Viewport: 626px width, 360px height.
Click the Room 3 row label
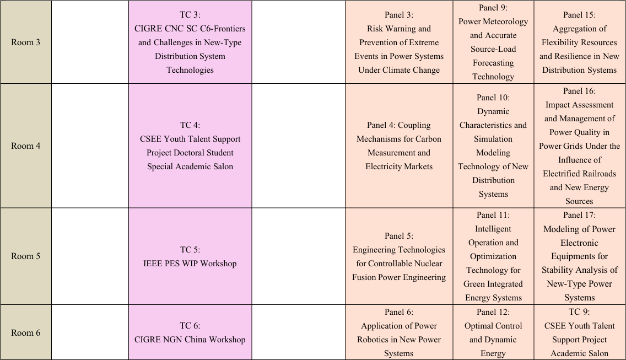25,42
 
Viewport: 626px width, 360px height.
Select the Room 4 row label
25,146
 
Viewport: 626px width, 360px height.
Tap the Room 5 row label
25,256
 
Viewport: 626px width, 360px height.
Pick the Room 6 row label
25,332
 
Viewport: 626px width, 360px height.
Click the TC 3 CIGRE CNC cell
190,42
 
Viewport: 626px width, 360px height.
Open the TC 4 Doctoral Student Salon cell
190,146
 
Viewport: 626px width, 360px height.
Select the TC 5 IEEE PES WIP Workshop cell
190,256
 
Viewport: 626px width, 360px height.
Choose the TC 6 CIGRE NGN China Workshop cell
190,332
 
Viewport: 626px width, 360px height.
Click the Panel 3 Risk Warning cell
399,42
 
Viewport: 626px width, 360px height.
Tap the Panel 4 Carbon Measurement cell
399,146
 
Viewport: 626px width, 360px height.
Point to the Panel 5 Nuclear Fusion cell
399,256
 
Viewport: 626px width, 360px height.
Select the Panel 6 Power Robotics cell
399,332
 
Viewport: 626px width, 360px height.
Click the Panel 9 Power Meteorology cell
493,42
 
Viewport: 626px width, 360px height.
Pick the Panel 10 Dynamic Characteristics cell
493,146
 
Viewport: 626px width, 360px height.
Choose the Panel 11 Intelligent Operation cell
493,256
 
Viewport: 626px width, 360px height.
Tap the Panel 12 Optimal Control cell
493,332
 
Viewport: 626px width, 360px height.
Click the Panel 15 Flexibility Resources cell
579,42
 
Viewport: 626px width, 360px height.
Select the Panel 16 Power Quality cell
579,146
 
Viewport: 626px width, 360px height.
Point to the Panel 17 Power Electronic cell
579,256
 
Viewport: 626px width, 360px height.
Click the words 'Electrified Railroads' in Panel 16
579,174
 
